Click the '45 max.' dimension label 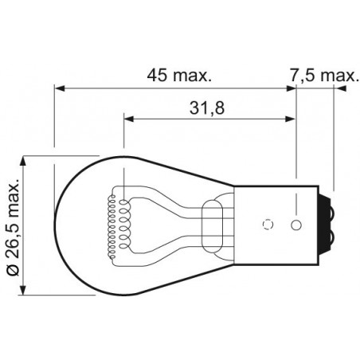click(x=180, y=76)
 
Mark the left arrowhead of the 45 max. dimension click(x=57, y=87)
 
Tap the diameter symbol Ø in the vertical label click(x=12, y=271)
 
